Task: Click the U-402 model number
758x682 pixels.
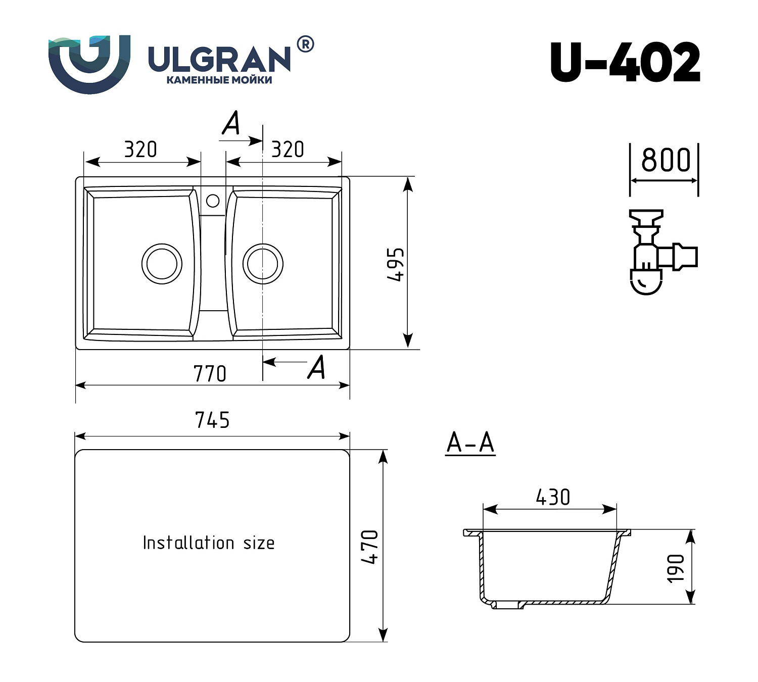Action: [625, 63]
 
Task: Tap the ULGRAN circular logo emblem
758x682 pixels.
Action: [89, 64]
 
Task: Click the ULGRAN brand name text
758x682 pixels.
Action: [219, 59]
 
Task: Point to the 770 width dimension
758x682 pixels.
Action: [210, 374]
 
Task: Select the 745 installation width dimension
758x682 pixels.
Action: [212, 420]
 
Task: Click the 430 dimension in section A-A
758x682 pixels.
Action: [553, 498]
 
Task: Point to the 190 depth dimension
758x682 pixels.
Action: [676, 568]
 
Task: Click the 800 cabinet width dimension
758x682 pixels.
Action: [665, 160]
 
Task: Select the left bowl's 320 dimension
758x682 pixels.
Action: [140, 150]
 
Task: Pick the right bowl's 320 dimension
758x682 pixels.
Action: [288, 150]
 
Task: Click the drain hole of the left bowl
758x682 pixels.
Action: [162, 264]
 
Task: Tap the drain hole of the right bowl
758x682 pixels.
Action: [263, 264]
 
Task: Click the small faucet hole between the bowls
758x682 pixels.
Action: [213, 201]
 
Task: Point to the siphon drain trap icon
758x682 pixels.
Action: [659, 253]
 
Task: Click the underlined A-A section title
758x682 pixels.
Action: [470, 444]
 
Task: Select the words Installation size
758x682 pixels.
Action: [209, 543]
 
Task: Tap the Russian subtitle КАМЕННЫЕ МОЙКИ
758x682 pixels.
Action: [219, 80]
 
